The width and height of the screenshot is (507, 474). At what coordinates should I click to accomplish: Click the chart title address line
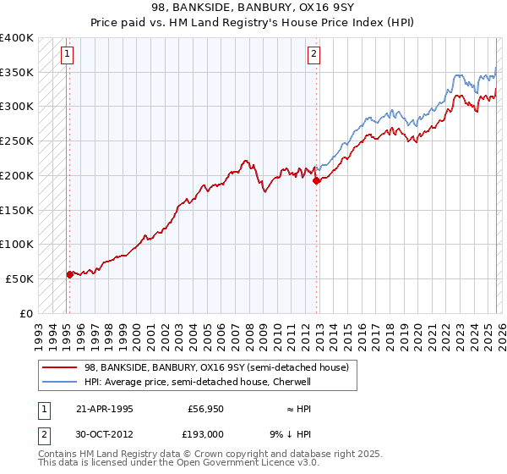click(253, 8)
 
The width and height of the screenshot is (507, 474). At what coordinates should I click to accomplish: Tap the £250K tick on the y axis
click(17, 141)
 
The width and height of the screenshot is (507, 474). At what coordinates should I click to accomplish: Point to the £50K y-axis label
click(19, 278)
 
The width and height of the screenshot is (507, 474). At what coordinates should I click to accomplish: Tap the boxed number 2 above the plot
click(313, 55)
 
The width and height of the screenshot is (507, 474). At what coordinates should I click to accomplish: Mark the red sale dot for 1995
click(69, 273)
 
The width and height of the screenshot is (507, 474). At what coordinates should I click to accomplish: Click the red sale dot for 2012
click(315, 180)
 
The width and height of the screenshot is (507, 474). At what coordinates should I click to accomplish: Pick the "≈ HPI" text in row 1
click(306, 409)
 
